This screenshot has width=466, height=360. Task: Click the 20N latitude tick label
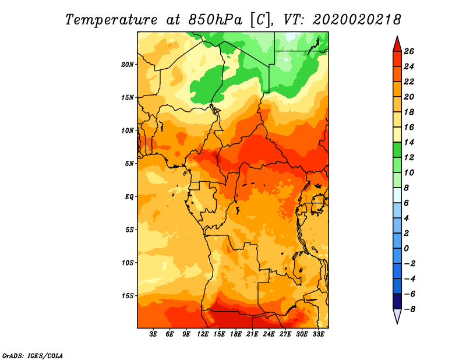click(x=128, y=65)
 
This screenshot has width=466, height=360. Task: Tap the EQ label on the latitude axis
click(x=129, y=197)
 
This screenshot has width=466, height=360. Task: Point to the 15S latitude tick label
click(x=128, y=296)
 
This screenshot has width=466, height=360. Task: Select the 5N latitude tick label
click(x=129, y=164)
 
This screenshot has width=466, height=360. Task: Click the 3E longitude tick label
click(x=153, y=334)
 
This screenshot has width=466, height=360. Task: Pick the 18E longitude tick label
click(x=236, y=334)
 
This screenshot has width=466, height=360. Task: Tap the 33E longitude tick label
click(x=318, y=334)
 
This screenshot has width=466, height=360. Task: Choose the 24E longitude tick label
click(x=269, y=334)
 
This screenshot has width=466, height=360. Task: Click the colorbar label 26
click(x=409, y=52)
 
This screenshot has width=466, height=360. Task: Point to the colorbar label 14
click(x=409, y=143)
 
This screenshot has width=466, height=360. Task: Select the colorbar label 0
click(x=407, y=249)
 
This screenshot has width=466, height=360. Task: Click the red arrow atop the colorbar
click(x=397, y=45)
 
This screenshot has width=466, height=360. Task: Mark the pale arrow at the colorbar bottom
click(x=397, y=316)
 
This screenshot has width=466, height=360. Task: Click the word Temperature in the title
click(x=111, y=20)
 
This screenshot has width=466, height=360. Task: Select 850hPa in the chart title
click(x=216, y=20)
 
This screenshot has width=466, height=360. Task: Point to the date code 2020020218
click(x=357, y=20)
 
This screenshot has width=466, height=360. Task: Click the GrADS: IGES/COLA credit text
click(x=33, y=356)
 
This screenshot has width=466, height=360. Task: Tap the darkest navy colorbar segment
click(x=397, y=301)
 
